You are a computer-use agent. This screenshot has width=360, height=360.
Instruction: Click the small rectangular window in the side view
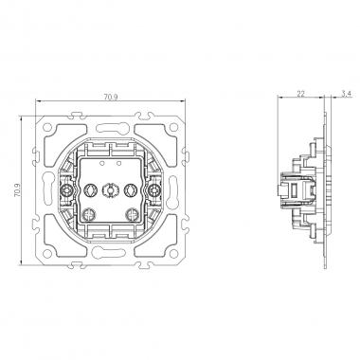pyautogui.click(x=301, y=189)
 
